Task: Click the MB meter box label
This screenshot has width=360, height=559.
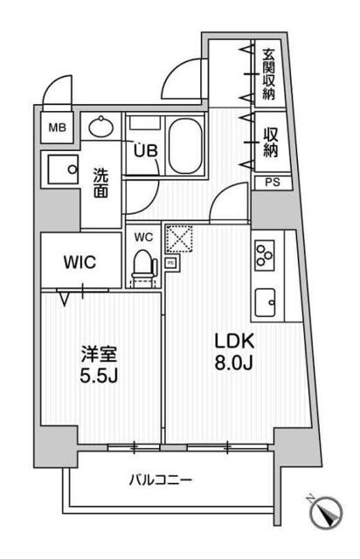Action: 58,128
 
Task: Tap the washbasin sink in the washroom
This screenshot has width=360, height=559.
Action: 101,127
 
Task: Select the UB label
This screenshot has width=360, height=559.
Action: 146,150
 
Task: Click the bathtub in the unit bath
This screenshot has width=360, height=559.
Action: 185,146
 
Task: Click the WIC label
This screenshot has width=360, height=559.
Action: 80,262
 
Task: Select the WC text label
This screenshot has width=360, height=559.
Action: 144,237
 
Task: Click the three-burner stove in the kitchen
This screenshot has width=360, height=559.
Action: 265,253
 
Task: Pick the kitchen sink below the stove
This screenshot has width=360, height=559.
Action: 265,302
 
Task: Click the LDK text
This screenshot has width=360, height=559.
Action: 234,341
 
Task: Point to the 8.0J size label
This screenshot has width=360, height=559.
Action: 233,362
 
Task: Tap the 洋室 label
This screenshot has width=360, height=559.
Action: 99,355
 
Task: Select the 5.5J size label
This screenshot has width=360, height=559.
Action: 99,376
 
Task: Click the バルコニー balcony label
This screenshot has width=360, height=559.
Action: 161,480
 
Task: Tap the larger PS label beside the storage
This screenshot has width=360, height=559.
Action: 273,183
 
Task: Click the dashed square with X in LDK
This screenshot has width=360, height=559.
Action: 178,238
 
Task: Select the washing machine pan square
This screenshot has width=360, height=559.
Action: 63,169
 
